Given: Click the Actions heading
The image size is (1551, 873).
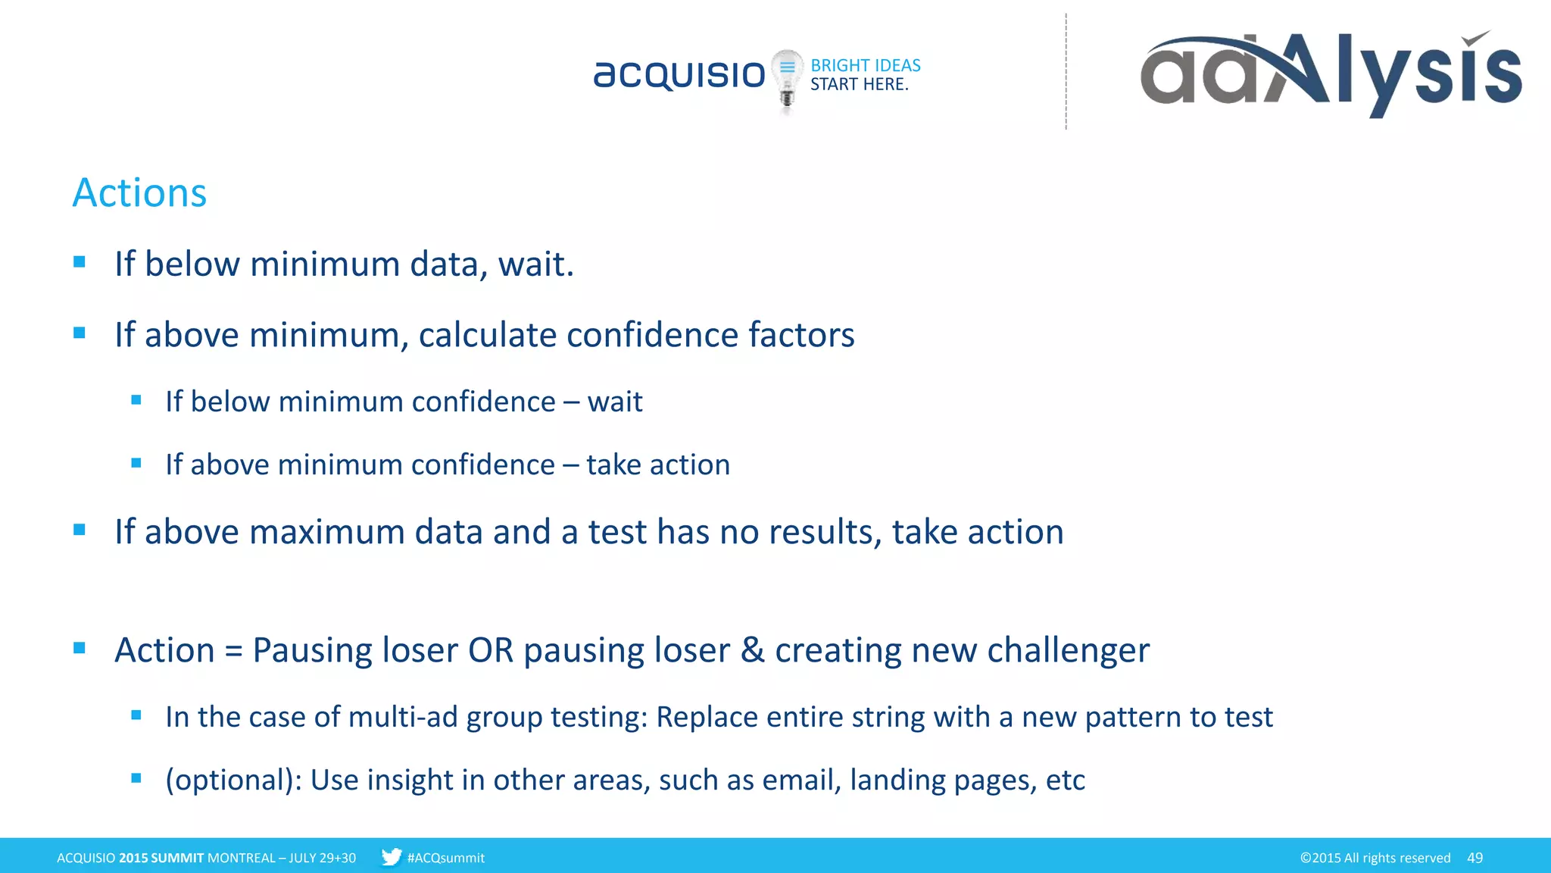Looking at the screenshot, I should pos(139,192).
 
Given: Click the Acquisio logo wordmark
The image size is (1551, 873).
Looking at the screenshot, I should pos(679,74).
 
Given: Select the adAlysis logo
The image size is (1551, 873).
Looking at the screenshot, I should pos(1331,73).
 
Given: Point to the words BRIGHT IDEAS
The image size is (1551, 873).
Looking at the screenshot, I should pos(865,65).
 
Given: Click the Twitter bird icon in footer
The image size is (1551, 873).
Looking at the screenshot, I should pos(391,857).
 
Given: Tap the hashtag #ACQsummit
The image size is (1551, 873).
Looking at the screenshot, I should pos(445,858).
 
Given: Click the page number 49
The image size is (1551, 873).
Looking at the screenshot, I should pos(1475,858).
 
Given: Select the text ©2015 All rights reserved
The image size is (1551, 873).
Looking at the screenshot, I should pos(1375,858).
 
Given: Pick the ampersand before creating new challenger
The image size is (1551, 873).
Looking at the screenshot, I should pos(752,650).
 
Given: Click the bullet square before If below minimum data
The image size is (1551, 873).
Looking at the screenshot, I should pos(80,262).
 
